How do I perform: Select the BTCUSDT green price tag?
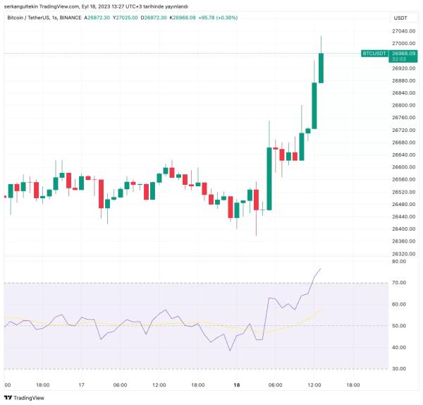[374, 53]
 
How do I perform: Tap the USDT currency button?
[400, 18]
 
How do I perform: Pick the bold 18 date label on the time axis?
[237, 385]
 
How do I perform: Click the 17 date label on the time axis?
[82, 385]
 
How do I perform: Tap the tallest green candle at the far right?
[321, 67]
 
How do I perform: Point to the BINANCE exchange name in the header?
[70, 18]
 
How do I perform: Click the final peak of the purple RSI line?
[321, 268]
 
